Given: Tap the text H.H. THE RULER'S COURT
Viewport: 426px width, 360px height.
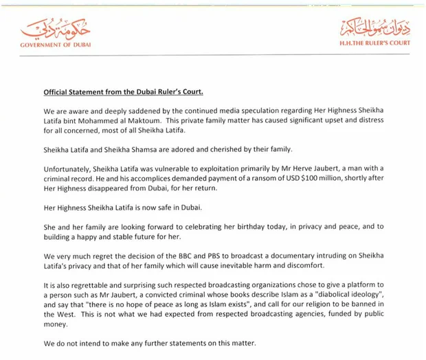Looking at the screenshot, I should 374,43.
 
